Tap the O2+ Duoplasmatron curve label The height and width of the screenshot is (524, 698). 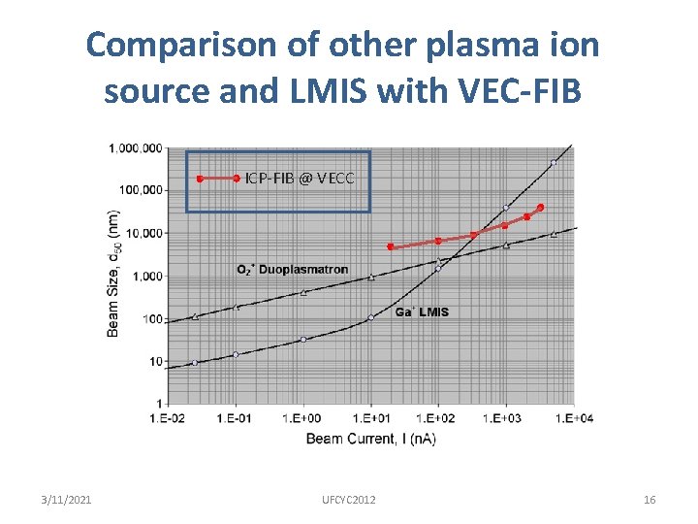[292, 270]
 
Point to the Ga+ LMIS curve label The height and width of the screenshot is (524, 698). [422, 312]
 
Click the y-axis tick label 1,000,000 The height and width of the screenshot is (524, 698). [136, 148]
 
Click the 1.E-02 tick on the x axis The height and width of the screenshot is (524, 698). [168, 418]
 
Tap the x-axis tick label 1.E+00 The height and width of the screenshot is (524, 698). [303, 418]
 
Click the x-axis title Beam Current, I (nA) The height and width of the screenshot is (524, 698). [370, 440]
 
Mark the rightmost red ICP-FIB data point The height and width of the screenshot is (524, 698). [540, 208]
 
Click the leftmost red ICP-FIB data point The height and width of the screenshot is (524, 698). [390, 246]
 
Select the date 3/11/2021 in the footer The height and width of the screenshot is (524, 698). [67, 500]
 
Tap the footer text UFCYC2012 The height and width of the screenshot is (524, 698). [349, 500]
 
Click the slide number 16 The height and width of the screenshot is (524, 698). [650, 500]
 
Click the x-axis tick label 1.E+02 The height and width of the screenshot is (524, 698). [438, 418]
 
